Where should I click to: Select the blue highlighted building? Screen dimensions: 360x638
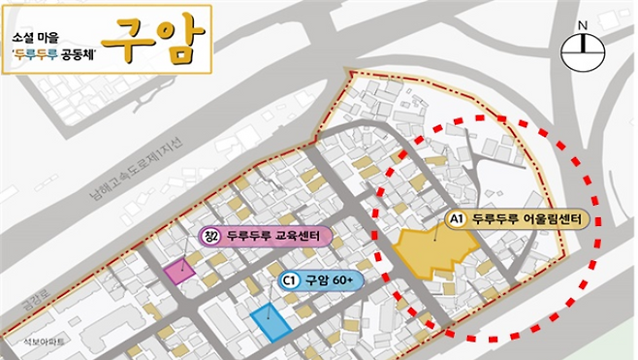tap(269, 319)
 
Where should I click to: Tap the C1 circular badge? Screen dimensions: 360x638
tap(288, 280)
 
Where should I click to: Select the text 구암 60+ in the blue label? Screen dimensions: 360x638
tap(328, 280)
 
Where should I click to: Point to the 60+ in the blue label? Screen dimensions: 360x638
tap(340, 280)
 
